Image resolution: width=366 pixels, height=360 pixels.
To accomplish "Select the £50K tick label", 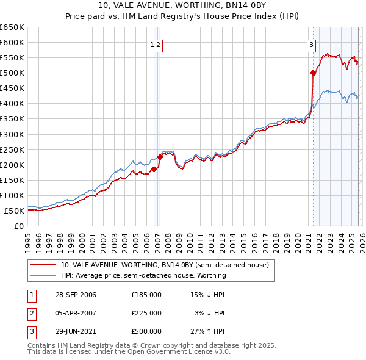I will [x=13, y=211].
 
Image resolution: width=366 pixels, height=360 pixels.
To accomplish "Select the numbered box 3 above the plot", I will [x=311, y=45].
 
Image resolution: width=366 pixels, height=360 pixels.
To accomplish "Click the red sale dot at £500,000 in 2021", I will [x=314, y=73].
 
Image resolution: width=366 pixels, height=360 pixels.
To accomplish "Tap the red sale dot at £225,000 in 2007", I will [x=160, y=157].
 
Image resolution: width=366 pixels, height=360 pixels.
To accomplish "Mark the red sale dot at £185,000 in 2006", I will [x=154, y=169].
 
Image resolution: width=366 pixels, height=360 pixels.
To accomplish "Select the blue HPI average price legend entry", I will [x=143, y=275].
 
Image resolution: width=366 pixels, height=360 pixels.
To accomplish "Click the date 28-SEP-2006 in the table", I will [x=76, y=295].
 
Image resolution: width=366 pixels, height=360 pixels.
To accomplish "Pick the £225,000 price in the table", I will [x=146, y=313].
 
